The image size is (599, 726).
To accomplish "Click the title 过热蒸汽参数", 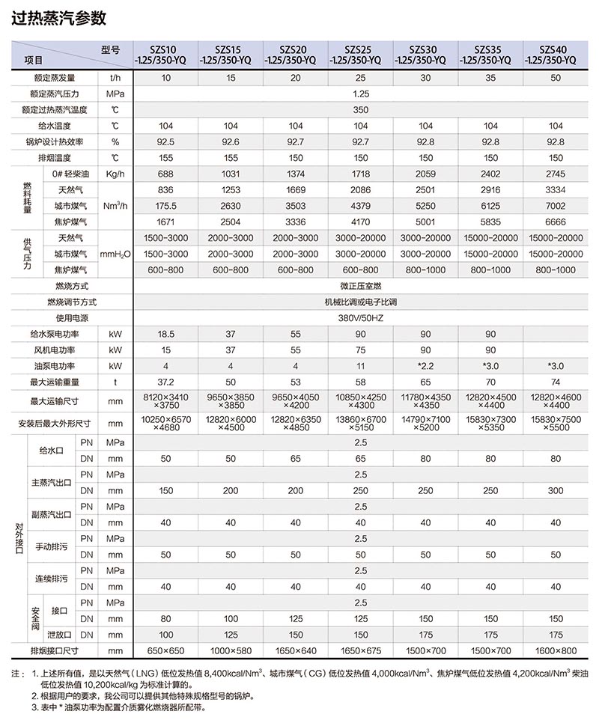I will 59,18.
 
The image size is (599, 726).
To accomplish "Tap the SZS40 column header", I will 556,55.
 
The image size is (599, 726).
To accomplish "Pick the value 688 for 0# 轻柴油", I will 165,174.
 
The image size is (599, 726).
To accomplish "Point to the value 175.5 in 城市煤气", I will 165,206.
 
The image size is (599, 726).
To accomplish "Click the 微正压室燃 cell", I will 361,286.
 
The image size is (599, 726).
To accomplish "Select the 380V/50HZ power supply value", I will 361,318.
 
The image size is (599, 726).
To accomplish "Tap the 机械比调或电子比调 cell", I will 361,302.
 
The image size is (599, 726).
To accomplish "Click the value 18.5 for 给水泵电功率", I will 165,334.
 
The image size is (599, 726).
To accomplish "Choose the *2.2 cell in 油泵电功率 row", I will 426,366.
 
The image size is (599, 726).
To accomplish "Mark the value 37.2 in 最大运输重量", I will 165,382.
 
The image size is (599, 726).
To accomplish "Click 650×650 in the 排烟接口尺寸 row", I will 165,651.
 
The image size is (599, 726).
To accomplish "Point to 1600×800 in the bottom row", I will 556,651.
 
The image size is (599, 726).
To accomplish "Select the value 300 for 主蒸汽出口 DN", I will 556,491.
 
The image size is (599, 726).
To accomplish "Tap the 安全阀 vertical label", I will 34,620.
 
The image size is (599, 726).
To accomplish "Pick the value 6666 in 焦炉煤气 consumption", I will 556,222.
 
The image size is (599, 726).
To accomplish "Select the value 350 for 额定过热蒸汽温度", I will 361,110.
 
